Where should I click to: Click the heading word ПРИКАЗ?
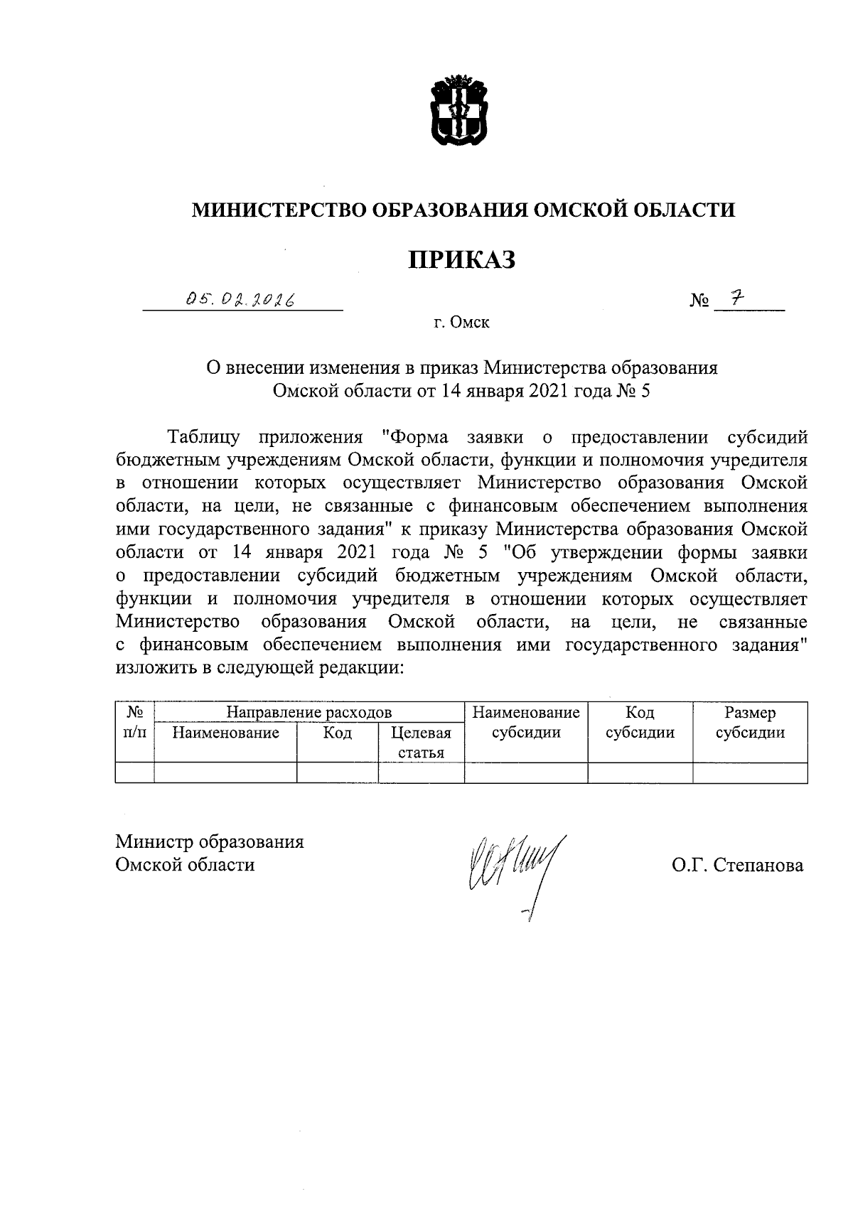461,260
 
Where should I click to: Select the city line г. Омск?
461,323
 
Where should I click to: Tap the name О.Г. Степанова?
737,866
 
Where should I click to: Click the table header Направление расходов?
309,712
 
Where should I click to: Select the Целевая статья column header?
421,743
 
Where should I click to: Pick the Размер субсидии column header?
750,723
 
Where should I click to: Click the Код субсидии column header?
640,723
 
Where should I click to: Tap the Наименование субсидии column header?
526,723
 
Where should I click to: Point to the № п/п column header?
134,723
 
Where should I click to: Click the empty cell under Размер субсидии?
750,773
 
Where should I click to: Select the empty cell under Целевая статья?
421,773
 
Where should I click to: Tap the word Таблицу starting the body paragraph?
203,436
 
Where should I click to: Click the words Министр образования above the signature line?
210,842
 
